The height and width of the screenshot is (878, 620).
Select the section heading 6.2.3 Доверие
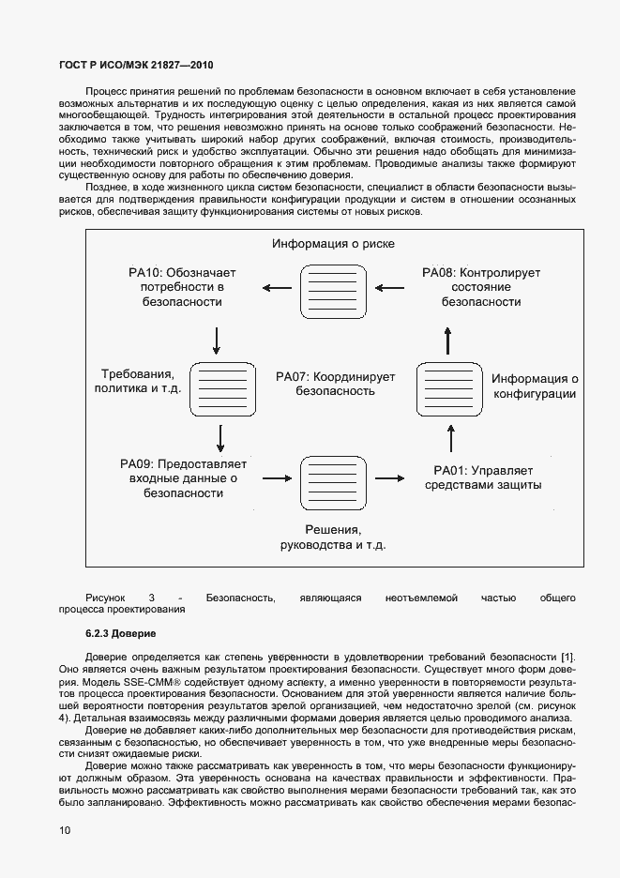(x=120, y=634)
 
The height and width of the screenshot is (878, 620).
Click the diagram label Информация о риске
(x=333, y=244)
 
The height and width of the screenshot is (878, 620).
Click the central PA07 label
(x=335, y=385)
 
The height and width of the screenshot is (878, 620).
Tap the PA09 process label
(x=183, y=478)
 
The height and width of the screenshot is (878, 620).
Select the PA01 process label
(x=483, y=477)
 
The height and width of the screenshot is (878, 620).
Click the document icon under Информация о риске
(x=329, y=291)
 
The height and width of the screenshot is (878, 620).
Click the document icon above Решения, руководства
(x=329, y=481)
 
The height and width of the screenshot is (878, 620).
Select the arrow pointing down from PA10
(x=217, y=340)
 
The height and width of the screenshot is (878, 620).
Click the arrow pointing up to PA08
(x=448, y=338)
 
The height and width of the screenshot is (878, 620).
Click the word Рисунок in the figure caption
(x=104, y=597)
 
